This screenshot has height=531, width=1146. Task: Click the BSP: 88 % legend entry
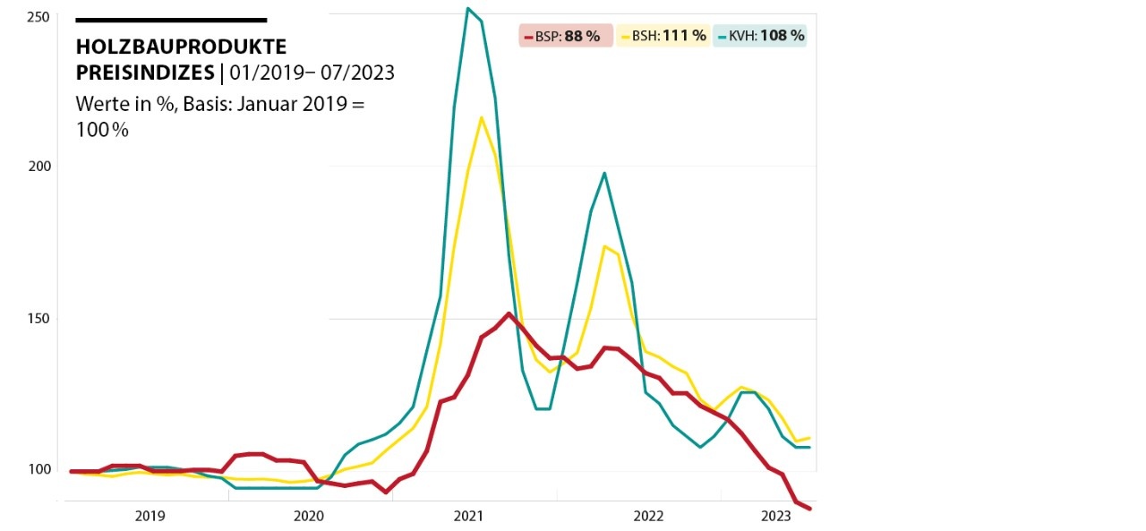(565, 36)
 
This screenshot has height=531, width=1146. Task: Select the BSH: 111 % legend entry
(663, 36)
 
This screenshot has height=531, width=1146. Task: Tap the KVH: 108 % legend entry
(761, 36)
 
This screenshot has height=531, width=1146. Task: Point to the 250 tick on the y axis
(37, 16)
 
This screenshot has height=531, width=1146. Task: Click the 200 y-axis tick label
(37, 167)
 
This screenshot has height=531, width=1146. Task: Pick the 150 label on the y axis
(37, 319)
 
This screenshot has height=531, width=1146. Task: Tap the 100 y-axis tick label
(37, 470)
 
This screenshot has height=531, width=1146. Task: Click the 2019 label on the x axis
(150, 516)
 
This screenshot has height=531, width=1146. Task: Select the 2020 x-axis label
(309, 516)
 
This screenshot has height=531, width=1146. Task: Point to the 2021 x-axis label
(469, 516)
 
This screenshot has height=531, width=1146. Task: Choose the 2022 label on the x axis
(648, 516)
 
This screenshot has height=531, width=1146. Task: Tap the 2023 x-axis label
(775, 516)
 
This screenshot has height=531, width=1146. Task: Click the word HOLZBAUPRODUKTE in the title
(182, 47)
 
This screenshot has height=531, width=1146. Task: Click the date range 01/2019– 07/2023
(311, 73)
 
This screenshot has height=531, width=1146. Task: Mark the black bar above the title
(171, 20)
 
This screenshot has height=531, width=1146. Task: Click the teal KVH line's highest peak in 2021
(467, 9)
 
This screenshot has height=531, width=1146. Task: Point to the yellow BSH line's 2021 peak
(482, 117)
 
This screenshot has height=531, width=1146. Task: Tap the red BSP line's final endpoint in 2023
(809, 509)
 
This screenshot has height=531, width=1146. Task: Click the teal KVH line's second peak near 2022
(604, 173)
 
